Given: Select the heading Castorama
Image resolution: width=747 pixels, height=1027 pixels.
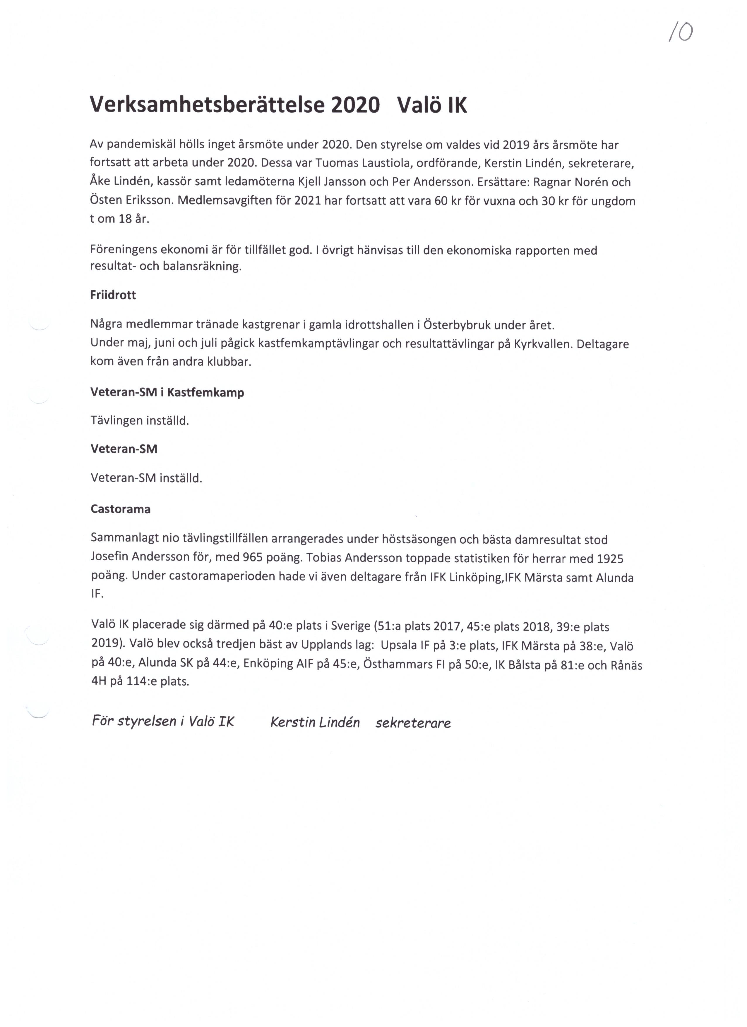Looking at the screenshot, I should [x=121, y=509].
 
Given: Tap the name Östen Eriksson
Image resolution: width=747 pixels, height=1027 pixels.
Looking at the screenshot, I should [x=132, y=201].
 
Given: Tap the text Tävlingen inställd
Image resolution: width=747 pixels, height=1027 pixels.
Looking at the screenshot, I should [x=140, y=421].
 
